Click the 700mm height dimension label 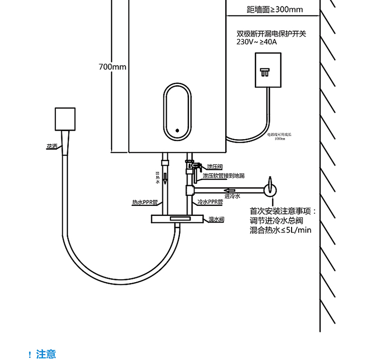tap(113, 67)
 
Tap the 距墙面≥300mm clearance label tap(275, 10)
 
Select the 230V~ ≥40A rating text tap(257, 42)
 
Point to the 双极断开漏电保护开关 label tap(271, 34)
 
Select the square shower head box tap(65, 119)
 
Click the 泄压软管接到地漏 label tap(223, 176)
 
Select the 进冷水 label tap(232, 196)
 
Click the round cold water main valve tap(270, 189)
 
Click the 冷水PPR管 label tap(210, 202)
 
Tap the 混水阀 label tap(216, 219)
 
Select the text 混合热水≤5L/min tap(280, 230)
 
